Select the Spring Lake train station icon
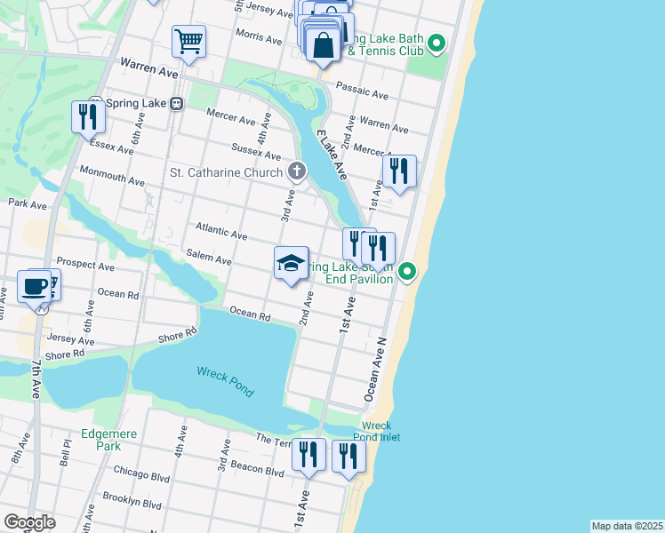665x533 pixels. coord(177,103)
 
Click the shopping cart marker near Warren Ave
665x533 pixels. coord(189,41)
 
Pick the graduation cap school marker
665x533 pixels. coord(291,263)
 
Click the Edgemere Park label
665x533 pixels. coord(100,440)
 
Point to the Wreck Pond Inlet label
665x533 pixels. coord(382,432)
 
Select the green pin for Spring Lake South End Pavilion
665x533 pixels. coord(407,271)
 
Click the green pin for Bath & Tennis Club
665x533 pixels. coord(437,43)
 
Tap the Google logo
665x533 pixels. coord(29,522)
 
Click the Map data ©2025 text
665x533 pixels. coord(627,526)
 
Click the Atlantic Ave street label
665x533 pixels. coord(221,232)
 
